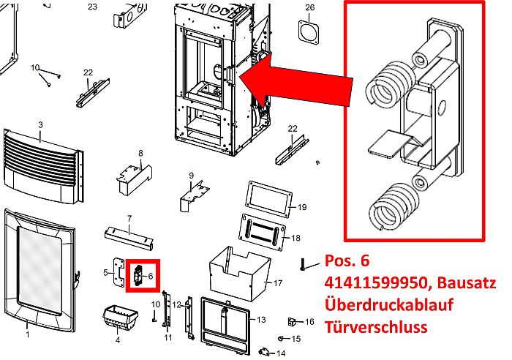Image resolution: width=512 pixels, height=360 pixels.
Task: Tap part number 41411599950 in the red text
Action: (374, 282)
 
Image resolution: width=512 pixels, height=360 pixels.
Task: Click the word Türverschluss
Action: (376, 326)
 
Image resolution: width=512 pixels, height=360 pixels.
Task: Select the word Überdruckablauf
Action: (389, 304)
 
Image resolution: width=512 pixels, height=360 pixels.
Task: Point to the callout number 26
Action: (309, 7)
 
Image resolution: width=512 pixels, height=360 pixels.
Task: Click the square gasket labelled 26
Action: (309, 31)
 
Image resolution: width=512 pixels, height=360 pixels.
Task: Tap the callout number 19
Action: (302, 207)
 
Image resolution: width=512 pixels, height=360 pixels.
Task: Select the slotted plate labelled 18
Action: (262, 231)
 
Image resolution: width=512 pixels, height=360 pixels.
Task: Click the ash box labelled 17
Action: (240, 274)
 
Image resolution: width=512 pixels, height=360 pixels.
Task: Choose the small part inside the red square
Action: (138, 274)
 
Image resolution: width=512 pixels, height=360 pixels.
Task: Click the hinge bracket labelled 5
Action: (118, 271)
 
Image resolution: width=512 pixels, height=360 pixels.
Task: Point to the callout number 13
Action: (261, 320)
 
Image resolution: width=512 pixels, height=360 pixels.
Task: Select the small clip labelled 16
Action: (292, 322)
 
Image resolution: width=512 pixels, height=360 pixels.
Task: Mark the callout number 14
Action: (281, 353)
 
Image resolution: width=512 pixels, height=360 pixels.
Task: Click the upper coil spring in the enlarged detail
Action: (390, 86)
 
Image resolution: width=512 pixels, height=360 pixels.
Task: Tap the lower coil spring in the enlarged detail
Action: (393, 206)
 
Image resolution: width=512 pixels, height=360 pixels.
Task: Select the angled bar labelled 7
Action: (129, 238)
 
